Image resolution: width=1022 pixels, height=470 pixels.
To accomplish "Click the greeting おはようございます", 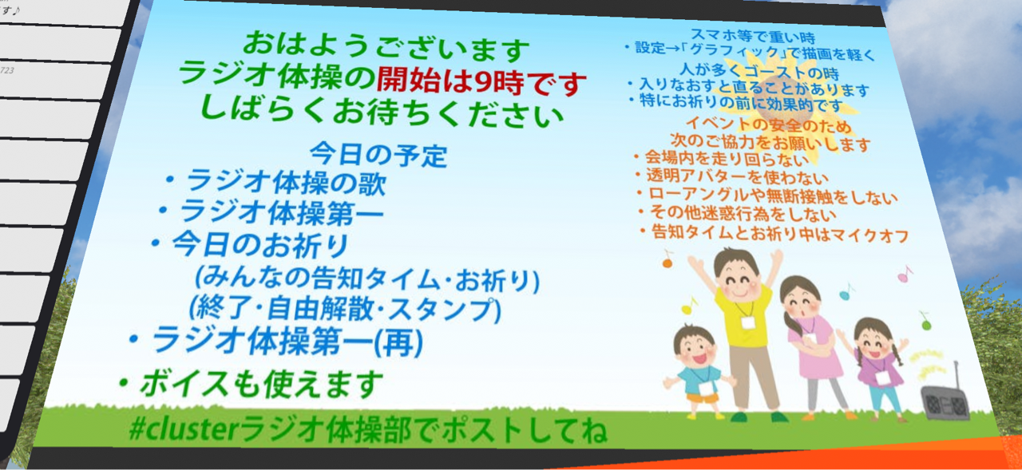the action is click(386, 48).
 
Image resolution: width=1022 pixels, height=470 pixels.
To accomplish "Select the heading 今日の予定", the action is click(378, 155).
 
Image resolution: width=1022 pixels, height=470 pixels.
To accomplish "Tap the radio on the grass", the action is click(944, 396).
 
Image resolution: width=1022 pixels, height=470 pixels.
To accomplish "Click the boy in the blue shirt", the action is click(697, 372).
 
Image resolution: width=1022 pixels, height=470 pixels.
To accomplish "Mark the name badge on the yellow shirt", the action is click(748, 322).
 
